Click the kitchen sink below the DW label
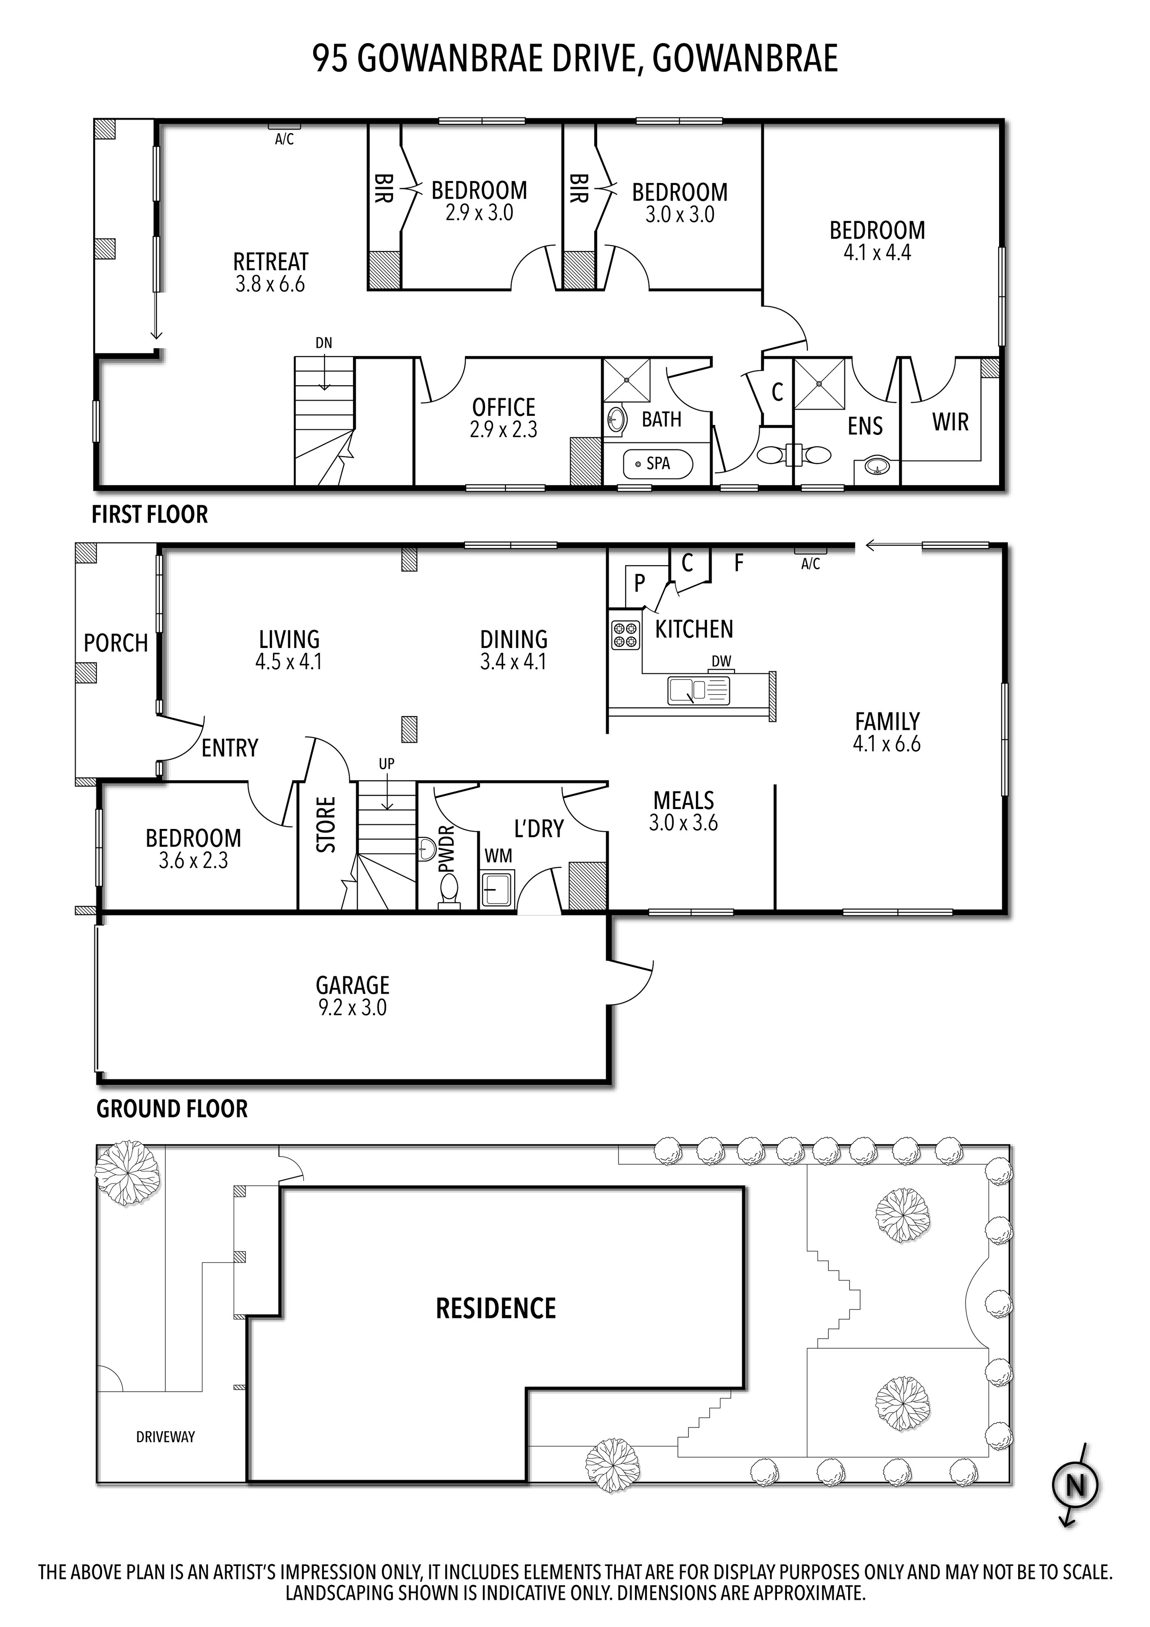point(698,690)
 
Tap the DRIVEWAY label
point(165,1437)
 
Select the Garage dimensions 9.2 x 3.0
point(352,1008)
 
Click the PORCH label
point(115,643)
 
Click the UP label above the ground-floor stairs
point(386,764)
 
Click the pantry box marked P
point(640,583)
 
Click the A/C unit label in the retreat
point(284,139)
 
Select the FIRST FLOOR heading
point(150,515)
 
